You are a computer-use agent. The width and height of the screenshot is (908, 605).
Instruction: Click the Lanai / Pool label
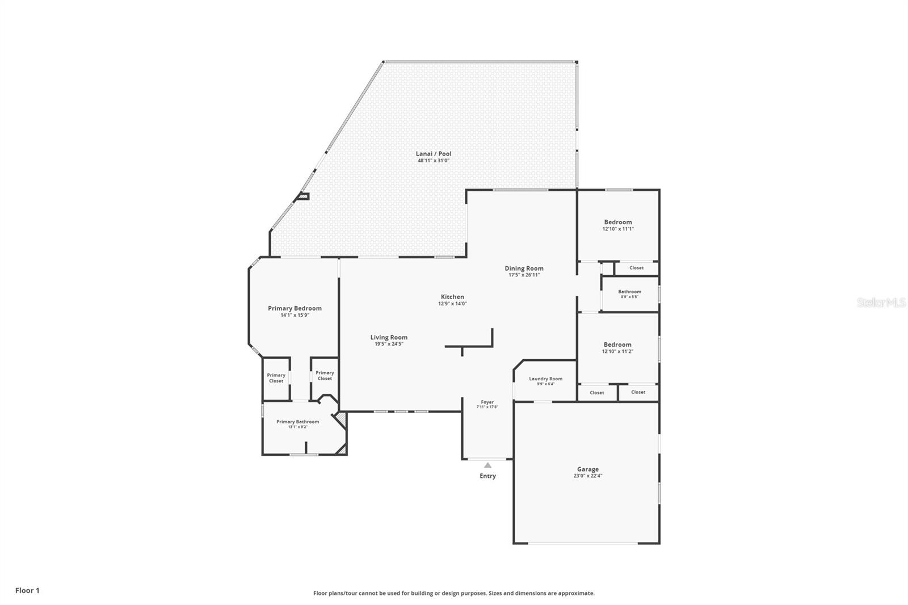click(434, 154)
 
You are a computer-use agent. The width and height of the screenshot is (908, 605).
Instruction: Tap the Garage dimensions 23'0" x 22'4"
click(587, 476)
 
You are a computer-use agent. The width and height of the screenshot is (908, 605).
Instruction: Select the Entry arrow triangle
click(487, 465)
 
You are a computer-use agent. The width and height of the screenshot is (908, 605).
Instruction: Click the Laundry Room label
click(545, 379)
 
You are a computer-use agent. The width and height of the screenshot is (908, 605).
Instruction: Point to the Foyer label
click(487, 402)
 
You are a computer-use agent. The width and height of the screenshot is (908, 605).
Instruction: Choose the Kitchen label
click(452, 297)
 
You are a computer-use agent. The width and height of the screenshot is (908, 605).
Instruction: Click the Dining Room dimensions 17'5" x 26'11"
click(524, 275)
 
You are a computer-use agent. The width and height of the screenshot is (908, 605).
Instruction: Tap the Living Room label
click(389, 337)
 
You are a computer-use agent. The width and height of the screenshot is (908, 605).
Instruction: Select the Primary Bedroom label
click(295, 308)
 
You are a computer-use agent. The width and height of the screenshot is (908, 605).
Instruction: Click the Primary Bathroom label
click(297, 422)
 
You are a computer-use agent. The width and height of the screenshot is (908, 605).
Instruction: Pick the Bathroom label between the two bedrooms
click(629, 292)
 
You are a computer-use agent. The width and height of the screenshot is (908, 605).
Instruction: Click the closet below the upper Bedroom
click(636, 268)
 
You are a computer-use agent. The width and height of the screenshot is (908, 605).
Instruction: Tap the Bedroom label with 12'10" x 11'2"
click(617, 344)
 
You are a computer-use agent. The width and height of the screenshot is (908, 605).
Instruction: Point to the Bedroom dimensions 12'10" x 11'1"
click(617, 229)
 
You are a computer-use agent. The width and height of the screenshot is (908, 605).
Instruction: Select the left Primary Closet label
click(276, 378)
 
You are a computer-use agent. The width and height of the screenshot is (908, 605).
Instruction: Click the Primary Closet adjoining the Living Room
click(325, 376)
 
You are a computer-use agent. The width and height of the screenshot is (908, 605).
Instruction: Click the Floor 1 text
click(27, 590)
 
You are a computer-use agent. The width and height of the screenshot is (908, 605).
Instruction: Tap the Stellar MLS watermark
click(881, 303)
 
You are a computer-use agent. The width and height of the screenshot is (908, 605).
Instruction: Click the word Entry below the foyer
click(487, 476)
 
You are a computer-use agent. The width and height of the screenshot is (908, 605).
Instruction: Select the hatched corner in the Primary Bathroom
click(340, 421)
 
